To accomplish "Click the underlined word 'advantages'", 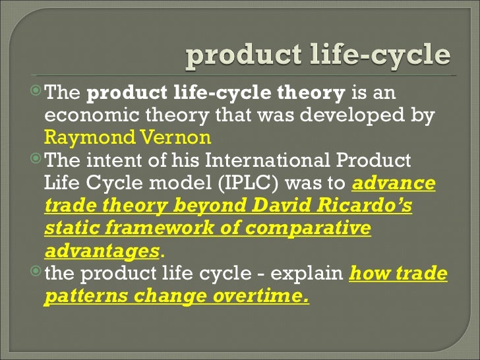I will tap(102, 251).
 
